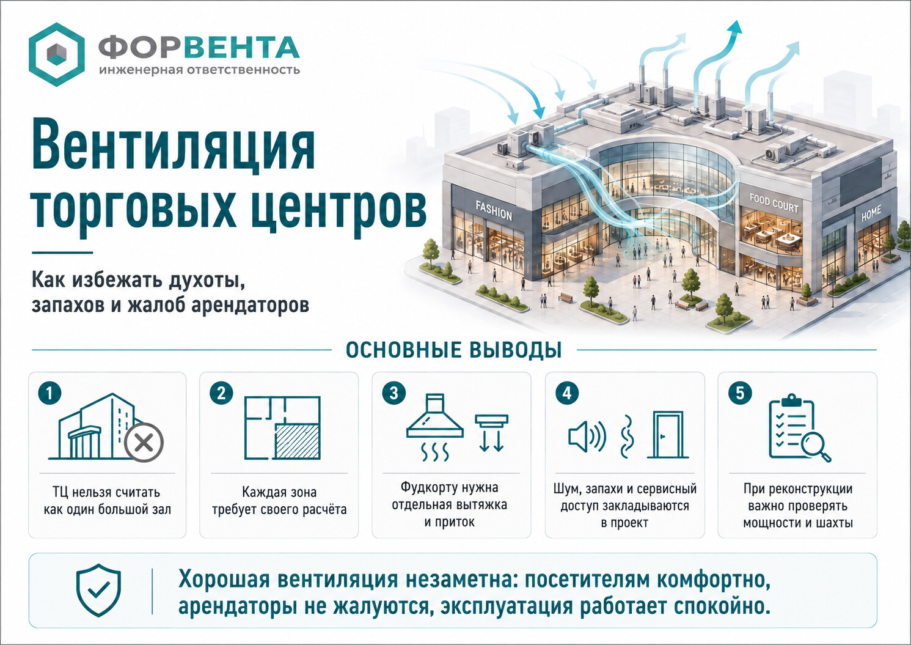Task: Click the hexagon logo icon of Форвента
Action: [x=57, y=54]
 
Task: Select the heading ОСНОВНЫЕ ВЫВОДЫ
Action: [x=453, y=350]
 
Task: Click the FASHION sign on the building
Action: [x=493, y=210]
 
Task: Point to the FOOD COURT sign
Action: [x=774, y=203]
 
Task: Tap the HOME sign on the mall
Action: [x=871, y=213]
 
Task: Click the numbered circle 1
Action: [x=49, y=394]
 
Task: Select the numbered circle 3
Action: [x=393, y=394]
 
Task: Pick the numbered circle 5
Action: [x=740, y=394]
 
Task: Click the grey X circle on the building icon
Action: [x=144, y=443]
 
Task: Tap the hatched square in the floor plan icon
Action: [x=298, y=441]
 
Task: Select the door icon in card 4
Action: [x=668, y=435]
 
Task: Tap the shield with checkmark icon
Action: [x=98, y=591]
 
